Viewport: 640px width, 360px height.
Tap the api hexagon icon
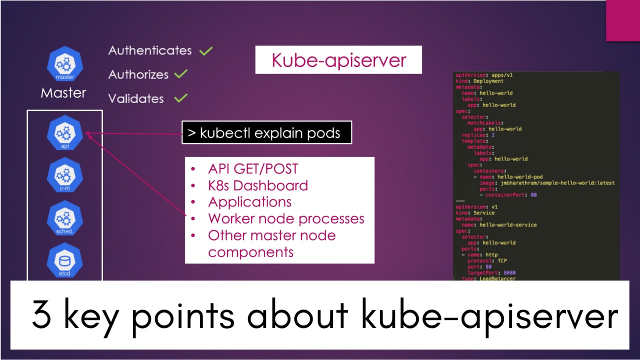click(x=65, y=133)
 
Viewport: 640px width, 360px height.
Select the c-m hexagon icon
click(x=65, y=175)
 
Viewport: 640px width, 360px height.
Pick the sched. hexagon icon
click(x=65, y=218)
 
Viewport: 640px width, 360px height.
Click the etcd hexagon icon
click(x=65, y=260)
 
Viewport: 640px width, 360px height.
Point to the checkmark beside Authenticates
click(x=205, y=50)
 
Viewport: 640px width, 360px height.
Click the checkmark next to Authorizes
click(x=181, y=74)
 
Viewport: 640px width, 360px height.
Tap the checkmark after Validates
click(x=180, y=98)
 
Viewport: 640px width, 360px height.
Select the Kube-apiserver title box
click(x=338, y=60)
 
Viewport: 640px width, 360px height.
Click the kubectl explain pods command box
click(x=266, y=133)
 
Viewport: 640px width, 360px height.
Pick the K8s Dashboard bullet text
click(x=257, y=185)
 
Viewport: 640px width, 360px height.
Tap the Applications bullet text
click(x=249, y=202)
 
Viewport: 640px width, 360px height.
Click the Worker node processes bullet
click(x=286, y=218)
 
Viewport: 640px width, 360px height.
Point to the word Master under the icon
click(x=63, y=93)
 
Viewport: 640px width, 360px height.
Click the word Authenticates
click(x=149, y=50)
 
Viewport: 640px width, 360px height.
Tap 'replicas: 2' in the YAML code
click(x=478, y=135)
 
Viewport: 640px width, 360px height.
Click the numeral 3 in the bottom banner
click(x=41, y=314)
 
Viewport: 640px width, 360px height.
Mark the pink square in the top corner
click(x=623, y=20)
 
